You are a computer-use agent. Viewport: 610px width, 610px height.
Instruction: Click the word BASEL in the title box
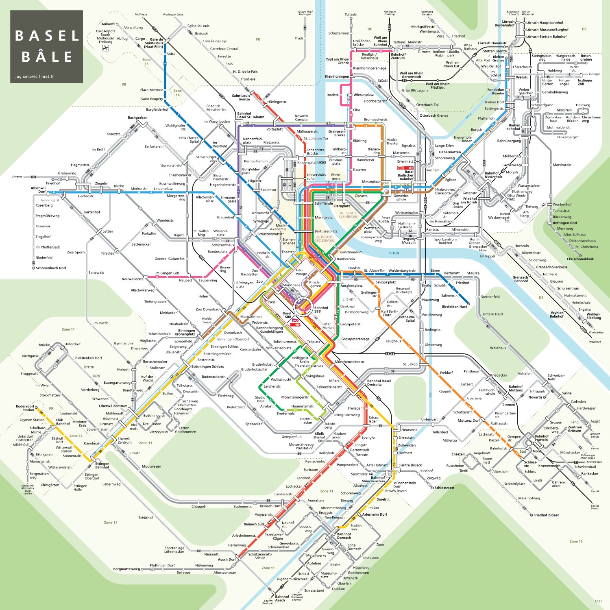[x=47, y=36]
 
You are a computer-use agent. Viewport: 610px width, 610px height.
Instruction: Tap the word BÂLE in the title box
[x=47, y=57]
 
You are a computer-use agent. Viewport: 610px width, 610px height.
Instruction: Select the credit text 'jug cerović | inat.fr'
[x=35, y=76]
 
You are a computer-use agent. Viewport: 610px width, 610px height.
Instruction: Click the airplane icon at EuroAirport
[x=106, y=48]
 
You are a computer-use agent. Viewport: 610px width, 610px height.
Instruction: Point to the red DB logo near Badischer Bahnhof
[x=400, y=167]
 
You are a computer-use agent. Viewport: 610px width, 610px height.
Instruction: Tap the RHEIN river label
[x=394, y=253]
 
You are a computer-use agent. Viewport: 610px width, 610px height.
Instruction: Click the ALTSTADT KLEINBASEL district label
[x=348, y=215]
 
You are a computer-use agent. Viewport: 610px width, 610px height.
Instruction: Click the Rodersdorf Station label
[x=25, y=408]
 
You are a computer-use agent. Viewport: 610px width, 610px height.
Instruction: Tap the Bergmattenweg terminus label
[x=126, y=569]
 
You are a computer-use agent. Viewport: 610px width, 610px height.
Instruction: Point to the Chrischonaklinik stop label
[x=580, y=259]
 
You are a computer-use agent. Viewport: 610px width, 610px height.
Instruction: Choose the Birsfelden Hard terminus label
[x=454, y=307]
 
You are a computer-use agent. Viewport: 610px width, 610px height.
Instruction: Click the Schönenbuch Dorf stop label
[x=51, y=268]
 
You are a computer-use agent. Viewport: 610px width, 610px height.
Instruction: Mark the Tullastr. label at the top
[x=351, y=15]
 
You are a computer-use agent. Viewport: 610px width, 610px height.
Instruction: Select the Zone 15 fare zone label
[x=576, y=541]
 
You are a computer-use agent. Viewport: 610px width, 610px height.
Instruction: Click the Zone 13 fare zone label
[x=146, y=62]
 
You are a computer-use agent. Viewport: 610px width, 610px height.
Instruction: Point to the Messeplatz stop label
[x=370, y=182]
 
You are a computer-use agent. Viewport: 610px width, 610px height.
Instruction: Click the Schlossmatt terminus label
[x=444, y=488]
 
